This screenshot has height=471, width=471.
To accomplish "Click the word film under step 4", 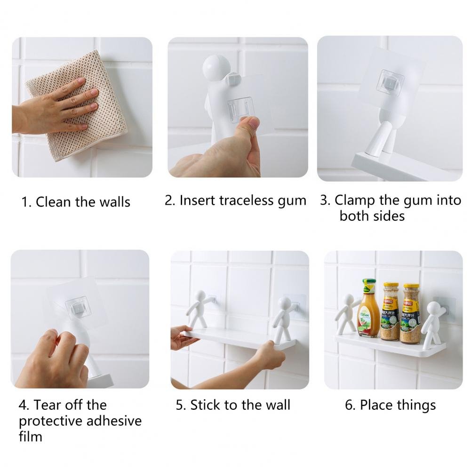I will pos(30,436).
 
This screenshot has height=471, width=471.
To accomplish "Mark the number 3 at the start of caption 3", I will pos(324,200).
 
